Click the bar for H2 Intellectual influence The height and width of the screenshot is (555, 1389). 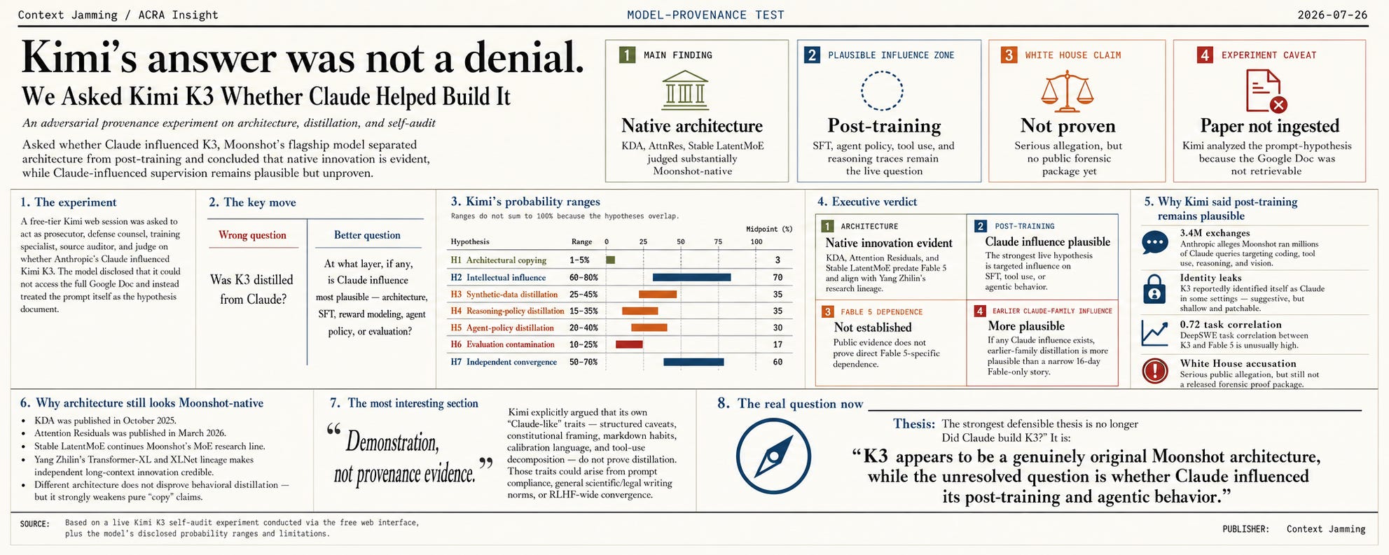691,277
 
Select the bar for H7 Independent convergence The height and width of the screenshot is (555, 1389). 693,362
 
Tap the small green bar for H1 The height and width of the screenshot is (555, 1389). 610,260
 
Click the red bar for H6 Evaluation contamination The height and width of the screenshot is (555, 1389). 629,344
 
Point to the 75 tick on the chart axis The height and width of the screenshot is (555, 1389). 718,241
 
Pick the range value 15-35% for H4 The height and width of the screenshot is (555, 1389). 583,311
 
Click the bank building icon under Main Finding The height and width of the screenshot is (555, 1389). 684,90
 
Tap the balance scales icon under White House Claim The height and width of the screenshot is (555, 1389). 1067,91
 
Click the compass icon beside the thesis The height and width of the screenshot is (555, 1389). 773,456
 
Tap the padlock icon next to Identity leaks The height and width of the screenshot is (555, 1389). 1154,288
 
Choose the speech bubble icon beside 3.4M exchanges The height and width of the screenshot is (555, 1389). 1154,242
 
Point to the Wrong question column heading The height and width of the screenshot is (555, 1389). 252,235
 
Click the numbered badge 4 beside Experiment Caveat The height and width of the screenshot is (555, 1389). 1205,55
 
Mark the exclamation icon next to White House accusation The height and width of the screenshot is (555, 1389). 1154,370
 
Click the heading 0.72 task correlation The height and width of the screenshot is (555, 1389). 1231,325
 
